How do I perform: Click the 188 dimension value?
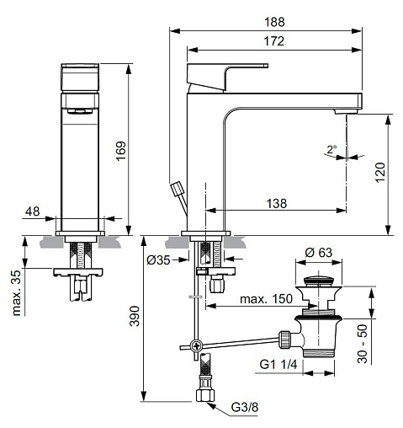coord(274,22)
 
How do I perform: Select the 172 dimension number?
coord(274,41)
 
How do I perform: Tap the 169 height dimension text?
coord(121,151)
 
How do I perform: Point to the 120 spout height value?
coord(380,172)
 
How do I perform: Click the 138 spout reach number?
coord(277,203)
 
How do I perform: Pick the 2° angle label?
coord(331,149)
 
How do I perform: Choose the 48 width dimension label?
coord(33,211)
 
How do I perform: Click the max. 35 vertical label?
coord(16,293)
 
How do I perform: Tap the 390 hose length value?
coord(134,316)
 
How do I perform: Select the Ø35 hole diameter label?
coord(158,260)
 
